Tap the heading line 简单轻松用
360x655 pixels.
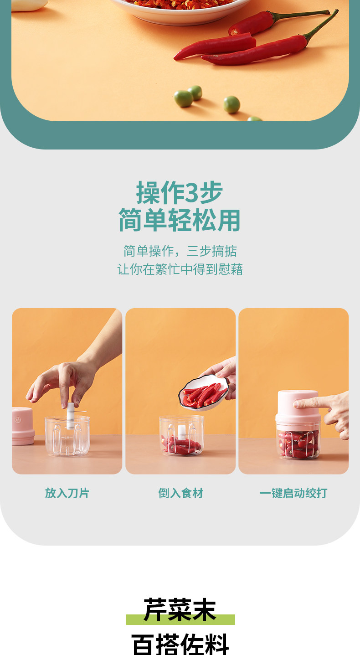[180, 220]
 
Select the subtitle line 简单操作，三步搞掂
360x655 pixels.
[180, 251]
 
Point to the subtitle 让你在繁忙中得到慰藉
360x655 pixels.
[180, 269]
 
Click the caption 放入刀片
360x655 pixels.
[67, 493]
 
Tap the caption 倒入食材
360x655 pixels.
[180, 493]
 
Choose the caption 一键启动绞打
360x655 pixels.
[293, 493]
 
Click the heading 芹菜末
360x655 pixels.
[180, 610]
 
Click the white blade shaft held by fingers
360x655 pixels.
[70, 416]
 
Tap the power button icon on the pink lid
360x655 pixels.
[18, 420]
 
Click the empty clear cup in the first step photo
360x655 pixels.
[67, 436]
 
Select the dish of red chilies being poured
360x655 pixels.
[203, 392]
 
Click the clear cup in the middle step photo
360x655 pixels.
[181, 436]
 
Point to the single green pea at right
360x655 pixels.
[231, 104]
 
